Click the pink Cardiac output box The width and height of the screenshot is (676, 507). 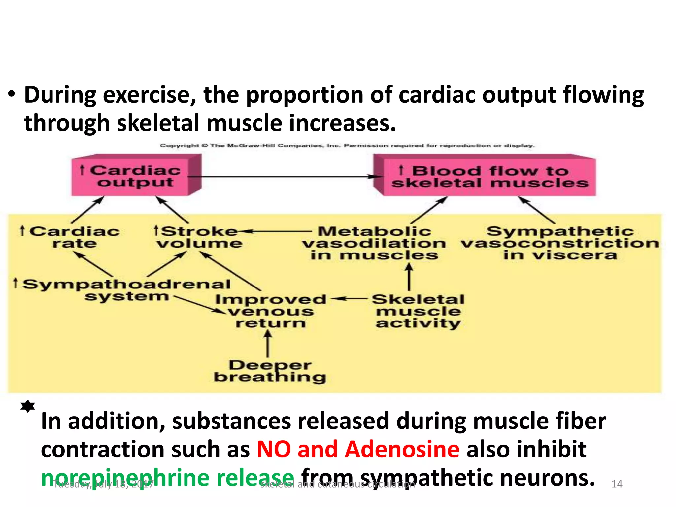tap(135, 177)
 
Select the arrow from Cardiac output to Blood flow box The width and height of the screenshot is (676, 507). tap(284, 177)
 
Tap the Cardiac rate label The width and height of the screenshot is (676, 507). tap(71, 237)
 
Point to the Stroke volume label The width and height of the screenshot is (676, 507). tap(198, 237)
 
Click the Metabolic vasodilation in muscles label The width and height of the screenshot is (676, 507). tap(374, 243)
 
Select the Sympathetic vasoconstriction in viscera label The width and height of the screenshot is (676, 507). tap(560, 243)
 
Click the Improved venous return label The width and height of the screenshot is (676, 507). tap(271, 311)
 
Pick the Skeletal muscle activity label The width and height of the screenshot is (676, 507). tap(418, 311)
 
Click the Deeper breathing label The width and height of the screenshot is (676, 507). tap(270, 371)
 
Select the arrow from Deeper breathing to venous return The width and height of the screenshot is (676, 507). tap(268, 344)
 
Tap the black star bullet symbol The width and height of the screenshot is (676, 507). tap(28, 406)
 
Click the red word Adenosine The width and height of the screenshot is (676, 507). tap(402, 449)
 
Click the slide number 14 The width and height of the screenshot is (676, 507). tap(617, 484)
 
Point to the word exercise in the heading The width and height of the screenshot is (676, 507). tap(149, 95)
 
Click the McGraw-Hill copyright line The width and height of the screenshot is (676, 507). tap(347, 145)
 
